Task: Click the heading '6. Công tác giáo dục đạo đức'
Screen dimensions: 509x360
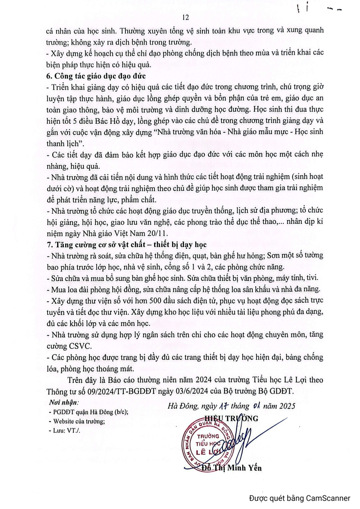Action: click(x=96, y=76)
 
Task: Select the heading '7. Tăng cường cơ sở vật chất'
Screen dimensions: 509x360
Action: click(x=126, y=245)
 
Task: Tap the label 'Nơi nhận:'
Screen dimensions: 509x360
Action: click(x=64, y=402)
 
